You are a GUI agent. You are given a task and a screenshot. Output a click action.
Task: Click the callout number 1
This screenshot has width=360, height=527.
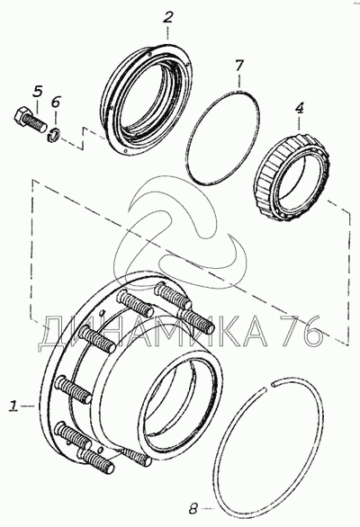[x=13, y=406]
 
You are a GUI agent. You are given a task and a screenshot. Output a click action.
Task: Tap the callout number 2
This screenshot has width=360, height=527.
[x=167, y=17]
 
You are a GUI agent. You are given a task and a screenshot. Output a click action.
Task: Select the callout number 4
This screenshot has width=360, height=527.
[x=299, y=108]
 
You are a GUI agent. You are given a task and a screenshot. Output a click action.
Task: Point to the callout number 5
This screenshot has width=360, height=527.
[x=38, y=92]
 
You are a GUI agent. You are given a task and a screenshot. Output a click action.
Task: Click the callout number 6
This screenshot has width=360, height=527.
[x=56, y=102]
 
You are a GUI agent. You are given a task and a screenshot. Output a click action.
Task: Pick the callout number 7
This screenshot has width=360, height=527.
[x=238, y=66]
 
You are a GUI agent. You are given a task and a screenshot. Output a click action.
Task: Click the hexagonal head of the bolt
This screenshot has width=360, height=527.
[x=21, y=116]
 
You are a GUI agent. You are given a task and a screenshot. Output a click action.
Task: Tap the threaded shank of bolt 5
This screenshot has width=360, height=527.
[x=37, y=124]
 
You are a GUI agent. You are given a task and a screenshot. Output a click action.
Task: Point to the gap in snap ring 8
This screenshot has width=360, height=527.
[x=270, y=387]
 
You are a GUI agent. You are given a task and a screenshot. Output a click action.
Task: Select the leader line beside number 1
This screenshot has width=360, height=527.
[x=26, y=406]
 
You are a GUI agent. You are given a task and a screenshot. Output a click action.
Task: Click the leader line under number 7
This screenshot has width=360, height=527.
[x=239, y=81]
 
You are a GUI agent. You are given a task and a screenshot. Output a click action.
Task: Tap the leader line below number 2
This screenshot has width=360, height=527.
[x=167, y=34]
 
